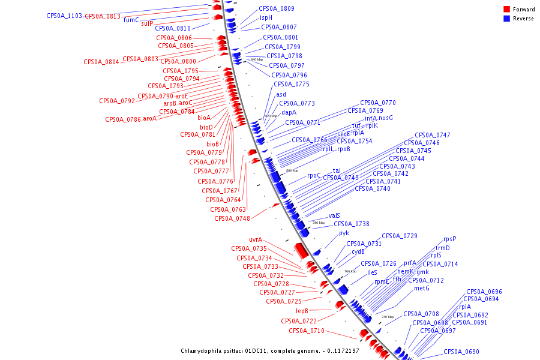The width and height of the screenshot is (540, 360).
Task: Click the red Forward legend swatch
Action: click(x=506, y=10)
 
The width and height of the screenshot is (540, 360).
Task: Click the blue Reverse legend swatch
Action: click(x=506, y=19)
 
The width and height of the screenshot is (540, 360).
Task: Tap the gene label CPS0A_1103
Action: click(x=64, y=16)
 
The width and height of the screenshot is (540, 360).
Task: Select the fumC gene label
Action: click(x=131, y=20)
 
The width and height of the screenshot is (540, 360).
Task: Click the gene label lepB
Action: click(x=302, y=311)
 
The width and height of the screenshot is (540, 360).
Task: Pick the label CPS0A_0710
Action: click(x=307, y=331)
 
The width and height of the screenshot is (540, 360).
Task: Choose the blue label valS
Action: click(x=334, y=216)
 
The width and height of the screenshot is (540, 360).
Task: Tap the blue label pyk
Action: click(x=344, y=233)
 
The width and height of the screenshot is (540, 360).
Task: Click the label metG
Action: click(x=422, y=288)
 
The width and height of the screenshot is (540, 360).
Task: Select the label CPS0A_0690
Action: click(x=461, y=352)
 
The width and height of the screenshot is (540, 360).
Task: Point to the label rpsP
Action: click(x=450, y=239)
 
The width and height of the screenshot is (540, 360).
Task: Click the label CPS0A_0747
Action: click(x=433, y=135)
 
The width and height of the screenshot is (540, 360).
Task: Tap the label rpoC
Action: click(x=314, y=176)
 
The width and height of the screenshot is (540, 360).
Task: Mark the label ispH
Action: click(x=266, y=18)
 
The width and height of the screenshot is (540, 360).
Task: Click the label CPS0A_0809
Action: click(x=277, y=8)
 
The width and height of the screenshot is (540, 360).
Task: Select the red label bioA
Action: click(x=204, y=118)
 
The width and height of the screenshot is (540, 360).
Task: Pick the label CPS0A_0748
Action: click(x=232, y=218)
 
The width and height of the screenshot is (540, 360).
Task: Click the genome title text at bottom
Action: click(x=270, y=351)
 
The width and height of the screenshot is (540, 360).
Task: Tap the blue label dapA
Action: click(x=289, y=112)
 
